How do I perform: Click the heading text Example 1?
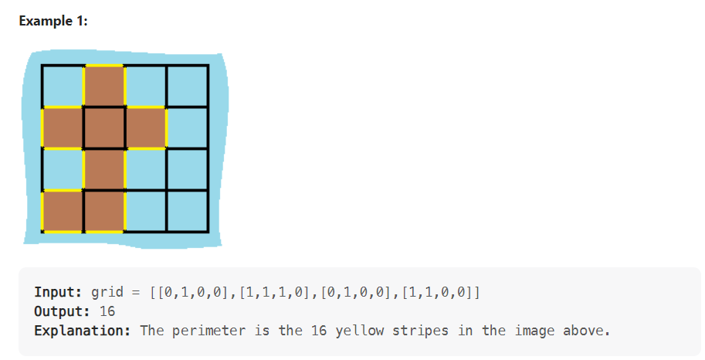coord(53,21)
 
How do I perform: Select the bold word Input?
coord(59,293)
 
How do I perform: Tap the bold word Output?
coord(63,311)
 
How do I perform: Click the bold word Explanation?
coord(83,331)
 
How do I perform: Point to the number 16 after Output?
coord(107,311)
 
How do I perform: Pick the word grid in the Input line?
coord(107,293)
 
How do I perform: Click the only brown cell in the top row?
coord(104,86)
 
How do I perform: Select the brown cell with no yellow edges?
coord(104,127)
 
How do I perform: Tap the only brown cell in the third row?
coord(104,169)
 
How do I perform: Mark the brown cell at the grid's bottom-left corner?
coord(63,211)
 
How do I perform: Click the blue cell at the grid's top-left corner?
coord(63,86)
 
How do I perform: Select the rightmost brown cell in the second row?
coord(146,127)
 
